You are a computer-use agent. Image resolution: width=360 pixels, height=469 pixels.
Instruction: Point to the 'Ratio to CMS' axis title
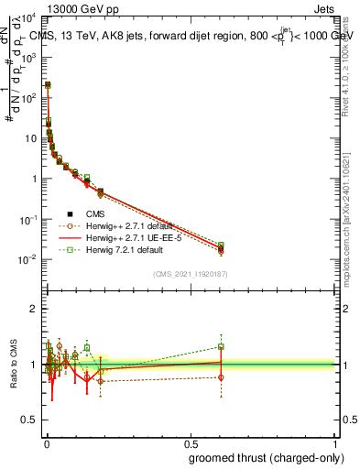point(13,364)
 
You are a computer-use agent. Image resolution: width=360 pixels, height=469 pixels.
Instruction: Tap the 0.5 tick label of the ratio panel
point(29,422)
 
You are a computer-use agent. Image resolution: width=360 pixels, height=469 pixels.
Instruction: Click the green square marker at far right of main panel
point(221,245)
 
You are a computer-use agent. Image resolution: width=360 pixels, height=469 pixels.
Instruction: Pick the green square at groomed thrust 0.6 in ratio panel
point(221,346)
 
